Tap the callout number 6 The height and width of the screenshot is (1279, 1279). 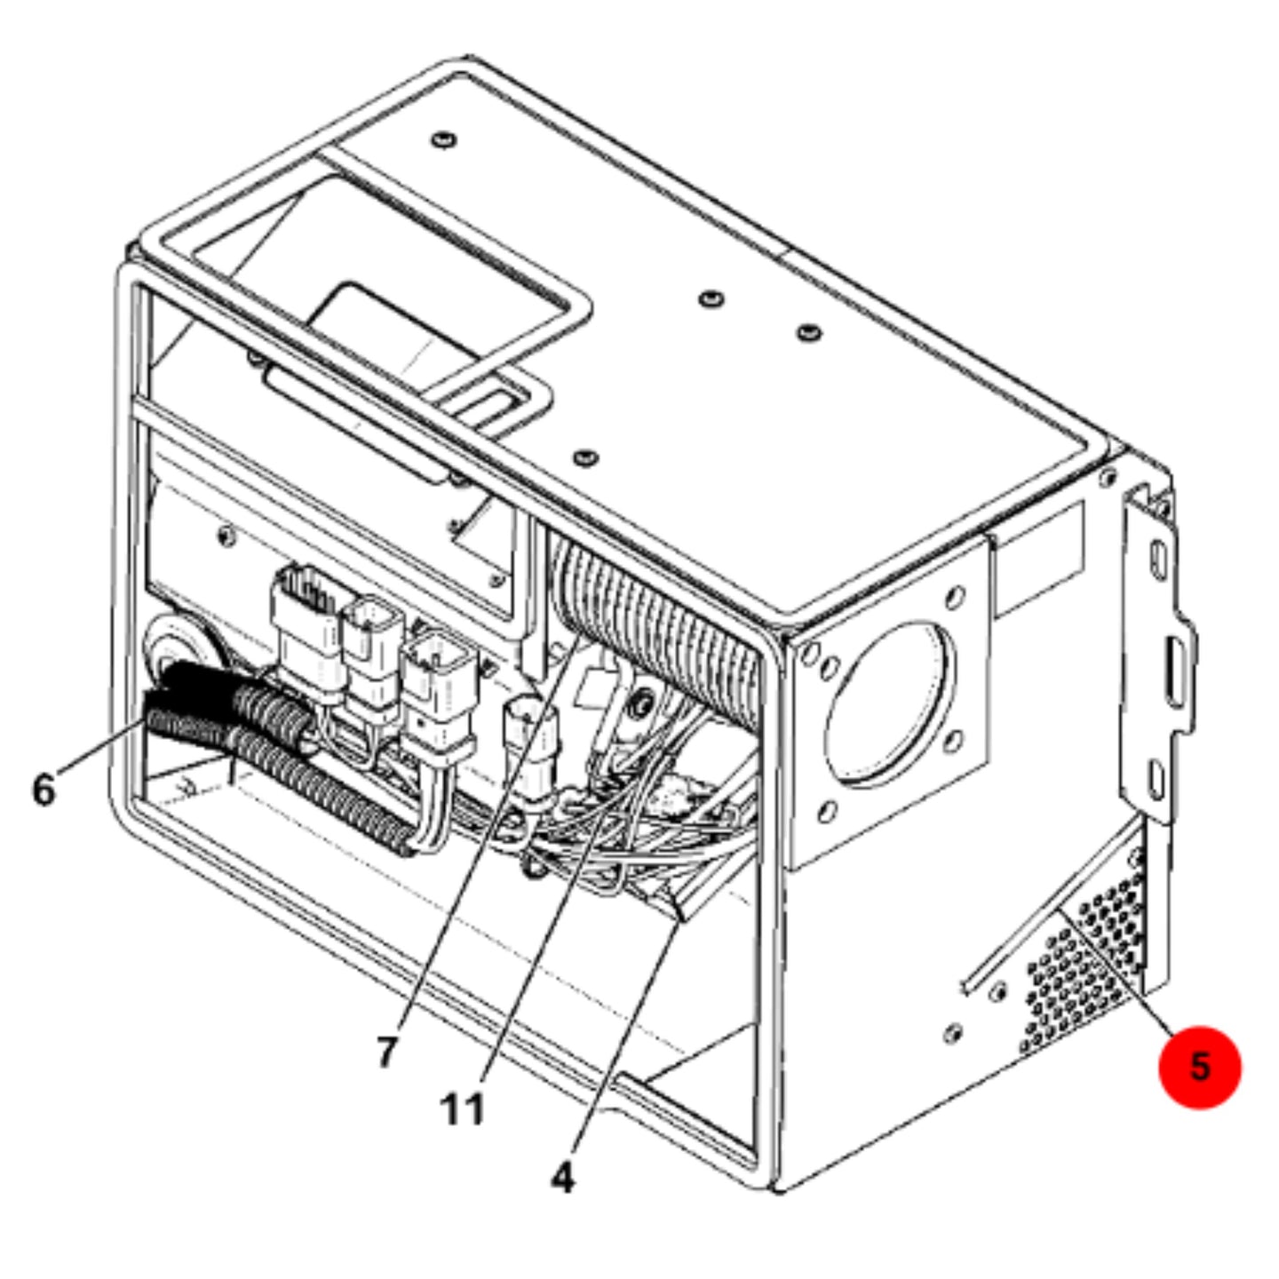coord(44,790)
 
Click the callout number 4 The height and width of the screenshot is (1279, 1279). coord(562,1178)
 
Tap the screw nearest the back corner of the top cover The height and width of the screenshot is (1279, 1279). coord(442,140)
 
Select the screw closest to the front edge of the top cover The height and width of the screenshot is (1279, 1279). coord(585,457)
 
